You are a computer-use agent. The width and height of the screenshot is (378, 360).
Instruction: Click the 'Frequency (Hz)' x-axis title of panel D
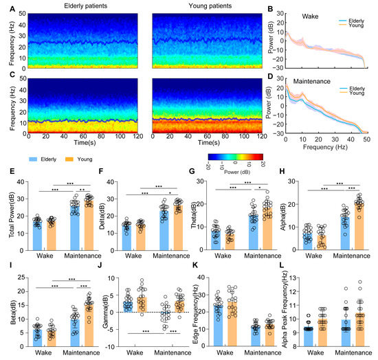tap(318, 147)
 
